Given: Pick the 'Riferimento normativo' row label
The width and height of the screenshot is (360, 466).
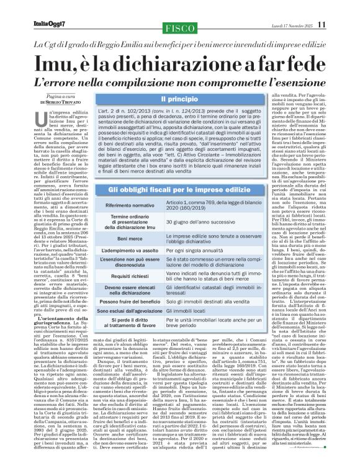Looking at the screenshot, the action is coord(135,187).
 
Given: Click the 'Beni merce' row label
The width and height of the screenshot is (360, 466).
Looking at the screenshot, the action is coord(135,221).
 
